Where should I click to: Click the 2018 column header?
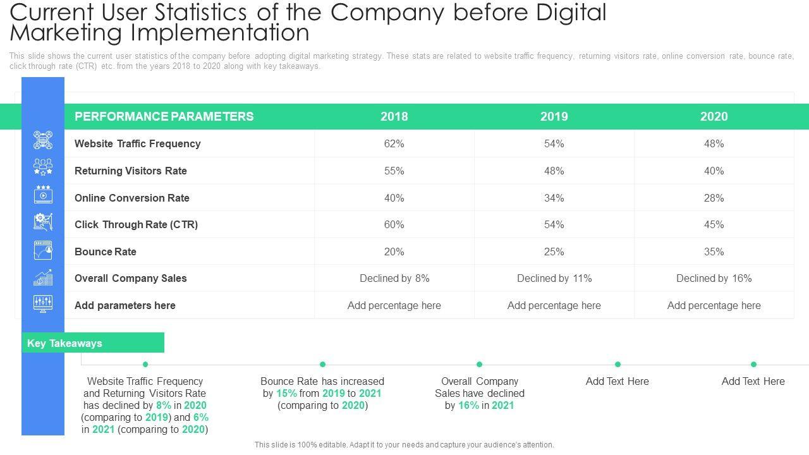(x=394, y=116)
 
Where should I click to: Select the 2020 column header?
(x=714, y=116)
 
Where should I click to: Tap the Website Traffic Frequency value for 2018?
(x=394, y=143)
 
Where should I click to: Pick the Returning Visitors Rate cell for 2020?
(x=714, y=171)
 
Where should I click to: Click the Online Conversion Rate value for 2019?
(x=554, y=198)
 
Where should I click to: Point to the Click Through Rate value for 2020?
(x=714, y=224)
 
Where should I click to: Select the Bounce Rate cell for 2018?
(x=394, y=252)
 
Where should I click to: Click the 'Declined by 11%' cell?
(x=554, y=278)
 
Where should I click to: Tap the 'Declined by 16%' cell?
(x=714, y=278)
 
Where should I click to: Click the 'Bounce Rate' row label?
(x=106, y=252)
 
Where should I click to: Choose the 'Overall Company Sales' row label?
(x=131, y=278)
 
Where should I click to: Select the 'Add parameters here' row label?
(x=125, y=305)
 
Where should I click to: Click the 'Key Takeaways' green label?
(x=64, y=343)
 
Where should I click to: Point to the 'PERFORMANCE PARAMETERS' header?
(x=164, y=116)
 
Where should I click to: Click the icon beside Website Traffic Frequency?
(x=43, y=140)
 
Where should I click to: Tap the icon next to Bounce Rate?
(x=43, y=250)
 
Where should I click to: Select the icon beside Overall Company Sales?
(x=43, y=277)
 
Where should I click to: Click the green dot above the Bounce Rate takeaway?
(x=322, y=364)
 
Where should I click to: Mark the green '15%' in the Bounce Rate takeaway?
(x=286, y=393)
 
